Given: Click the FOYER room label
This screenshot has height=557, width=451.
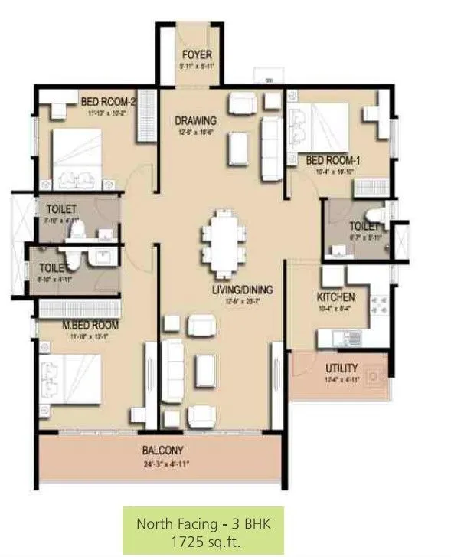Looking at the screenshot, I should pyautogui.click(x=197, y=55).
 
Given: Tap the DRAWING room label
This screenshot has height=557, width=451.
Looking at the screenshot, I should pyautogui.click(x=195, y=120).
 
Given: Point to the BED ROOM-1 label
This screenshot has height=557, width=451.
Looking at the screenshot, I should pyautogui.click(x=333, y=160).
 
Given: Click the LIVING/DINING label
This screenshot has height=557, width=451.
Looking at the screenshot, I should pyautogui.click(x=243, y=290).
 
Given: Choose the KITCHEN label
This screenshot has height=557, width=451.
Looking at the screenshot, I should pyautogui.click(x=335, y=297).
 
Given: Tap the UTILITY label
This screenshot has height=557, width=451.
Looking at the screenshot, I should pyautogui.click(x=342, y=369).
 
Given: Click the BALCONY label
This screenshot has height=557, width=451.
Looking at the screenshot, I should pyautogui.click(x=162, y=451).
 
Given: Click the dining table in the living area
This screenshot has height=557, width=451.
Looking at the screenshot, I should pyautogui.click(x=222, y=244).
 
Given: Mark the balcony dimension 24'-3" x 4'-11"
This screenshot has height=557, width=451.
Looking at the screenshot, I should pyautogui.click(x=162, y=464).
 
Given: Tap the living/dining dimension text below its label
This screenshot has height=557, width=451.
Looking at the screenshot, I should pyautogui.click(x=243, y=300).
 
